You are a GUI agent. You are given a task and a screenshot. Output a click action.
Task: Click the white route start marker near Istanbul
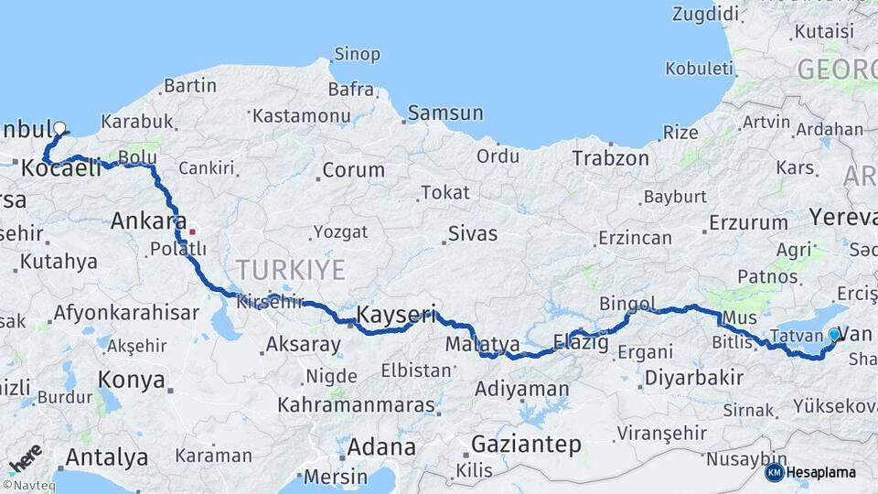click(x=60, y=129)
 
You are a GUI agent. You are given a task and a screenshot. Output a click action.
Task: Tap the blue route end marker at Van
click(x=833, y=335)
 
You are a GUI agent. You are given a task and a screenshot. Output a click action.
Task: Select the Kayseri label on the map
click(x=395, y=314)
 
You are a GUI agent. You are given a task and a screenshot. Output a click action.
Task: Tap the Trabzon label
click(x=610, y=158)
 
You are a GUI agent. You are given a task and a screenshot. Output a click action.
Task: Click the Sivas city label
click(x=472, y=233)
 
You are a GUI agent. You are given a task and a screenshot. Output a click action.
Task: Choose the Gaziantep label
click(x=526, y=445)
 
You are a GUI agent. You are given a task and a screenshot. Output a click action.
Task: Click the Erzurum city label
click(x=748, y=222)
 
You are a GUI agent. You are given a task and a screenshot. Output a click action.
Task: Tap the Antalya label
click(x=107, y=456)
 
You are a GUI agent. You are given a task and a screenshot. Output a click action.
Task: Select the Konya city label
click(x=131, y=379)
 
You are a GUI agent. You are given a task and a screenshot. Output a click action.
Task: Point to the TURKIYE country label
click(x=291, y=270)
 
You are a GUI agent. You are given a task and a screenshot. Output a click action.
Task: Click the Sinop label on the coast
click(x=357, y=54)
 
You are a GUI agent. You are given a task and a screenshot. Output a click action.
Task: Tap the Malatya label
click(x=482, y=345)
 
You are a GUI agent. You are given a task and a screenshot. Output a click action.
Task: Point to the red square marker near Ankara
click(x=192, y=231)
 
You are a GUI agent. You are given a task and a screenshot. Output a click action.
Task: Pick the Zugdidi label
click(x=704, y=14)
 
